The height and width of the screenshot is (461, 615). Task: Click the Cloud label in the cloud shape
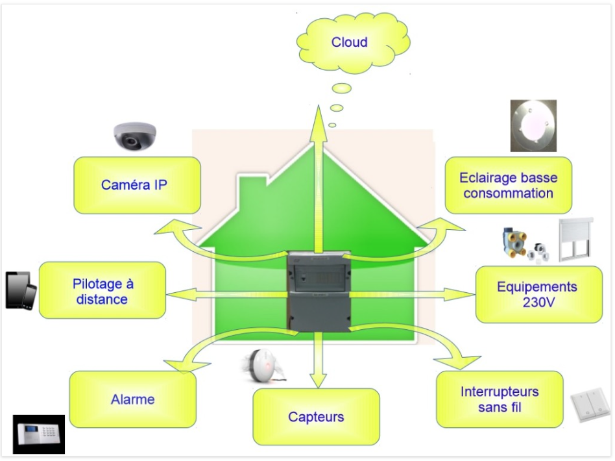[349, 42]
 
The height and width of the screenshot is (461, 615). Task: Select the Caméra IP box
[138, 185]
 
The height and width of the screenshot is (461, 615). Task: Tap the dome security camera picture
[134, 136]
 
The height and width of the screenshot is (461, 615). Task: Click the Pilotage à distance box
[102, 290]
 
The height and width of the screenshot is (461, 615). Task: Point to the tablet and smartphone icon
[21, 291]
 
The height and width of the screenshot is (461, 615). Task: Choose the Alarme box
[133, 399]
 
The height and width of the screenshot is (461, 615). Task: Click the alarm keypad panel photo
[39, 434]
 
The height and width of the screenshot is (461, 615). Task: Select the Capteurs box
[316, 417]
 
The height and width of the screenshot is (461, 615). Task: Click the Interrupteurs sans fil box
[500, 399]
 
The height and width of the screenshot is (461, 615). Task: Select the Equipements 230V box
[539, 295]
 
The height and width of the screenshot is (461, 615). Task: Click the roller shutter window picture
[575, 240]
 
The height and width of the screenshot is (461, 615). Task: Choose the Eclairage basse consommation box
[509, 185]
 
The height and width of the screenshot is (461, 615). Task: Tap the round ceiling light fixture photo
[533, 126]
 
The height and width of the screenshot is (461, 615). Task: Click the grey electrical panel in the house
[319, 291]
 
